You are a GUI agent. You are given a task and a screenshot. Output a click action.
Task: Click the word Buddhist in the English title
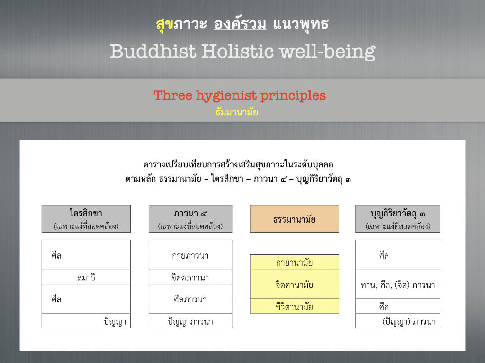coord(153,51)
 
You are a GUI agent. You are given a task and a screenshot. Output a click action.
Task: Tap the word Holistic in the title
coord(238,51)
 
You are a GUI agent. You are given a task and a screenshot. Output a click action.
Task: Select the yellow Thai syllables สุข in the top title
coord(164,25)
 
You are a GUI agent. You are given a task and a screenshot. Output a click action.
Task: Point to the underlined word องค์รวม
coord(240,24)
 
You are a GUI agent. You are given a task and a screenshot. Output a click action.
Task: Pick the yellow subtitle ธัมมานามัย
coord(237,112)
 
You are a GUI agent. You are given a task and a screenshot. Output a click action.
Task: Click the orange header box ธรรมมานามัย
coord(294,218)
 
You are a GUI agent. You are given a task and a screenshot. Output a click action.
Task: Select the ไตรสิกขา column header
coord(86,218)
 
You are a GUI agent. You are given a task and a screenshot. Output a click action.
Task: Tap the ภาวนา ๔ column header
coord(190,218)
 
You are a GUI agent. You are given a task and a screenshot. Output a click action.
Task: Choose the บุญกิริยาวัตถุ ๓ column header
coord(398,218)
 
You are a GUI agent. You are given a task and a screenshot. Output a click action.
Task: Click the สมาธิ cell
coord(86,277)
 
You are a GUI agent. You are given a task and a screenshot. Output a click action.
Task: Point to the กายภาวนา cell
coord(190,255)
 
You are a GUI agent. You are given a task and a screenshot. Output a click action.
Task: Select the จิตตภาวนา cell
coord(190,277)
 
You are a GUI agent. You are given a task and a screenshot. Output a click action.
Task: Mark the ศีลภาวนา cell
coord(190,299)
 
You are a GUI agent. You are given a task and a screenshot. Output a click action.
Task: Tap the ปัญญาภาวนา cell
coord(190,321)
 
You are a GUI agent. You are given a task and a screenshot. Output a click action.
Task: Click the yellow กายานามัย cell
coord(294,262)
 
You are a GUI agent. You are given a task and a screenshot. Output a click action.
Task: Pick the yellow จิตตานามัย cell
coord(294,284)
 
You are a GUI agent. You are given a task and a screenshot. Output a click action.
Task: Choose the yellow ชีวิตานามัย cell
coord(294,306)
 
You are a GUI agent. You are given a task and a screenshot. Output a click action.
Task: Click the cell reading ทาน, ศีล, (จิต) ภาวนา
coord(398,284)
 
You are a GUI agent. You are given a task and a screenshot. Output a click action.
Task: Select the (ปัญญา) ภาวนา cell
coord(398,321)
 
